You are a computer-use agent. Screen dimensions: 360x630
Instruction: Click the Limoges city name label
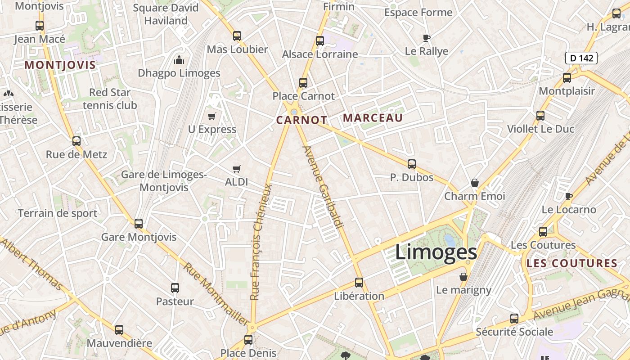[x=436, y=252]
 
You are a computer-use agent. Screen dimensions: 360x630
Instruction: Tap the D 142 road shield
[x=581, y=58]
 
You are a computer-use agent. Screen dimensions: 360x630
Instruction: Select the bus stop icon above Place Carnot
[x=303, y=83]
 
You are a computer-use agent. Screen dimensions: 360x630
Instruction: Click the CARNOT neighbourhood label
[x=301, y=120]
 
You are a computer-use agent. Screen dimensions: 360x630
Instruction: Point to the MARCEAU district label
[x=373, y=118]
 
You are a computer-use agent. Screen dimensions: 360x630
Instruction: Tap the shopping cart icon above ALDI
[x=237, y=169]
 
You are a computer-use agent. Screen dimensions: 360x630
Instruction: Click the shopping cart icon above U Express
[x=212, y=117]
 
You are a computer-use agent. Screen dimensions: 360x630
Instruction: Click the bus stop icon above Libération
[x=359, y=283]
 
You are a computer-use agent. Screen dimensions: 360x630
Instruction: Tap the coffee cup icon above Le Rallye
[x=427, y=38]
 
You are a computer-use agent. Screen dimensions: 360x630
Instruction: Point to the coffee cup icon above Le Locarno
[x=569, y=196]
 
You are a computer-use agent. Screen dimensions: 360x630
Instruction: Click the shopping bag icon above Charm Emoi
[x=474, y=183]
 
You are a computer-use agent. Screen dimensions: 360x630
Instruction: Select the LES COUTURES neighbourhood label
[x=571, y=264]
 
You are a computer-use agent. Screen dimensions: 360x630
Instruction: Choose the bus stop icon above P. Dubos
[x=411, y=164]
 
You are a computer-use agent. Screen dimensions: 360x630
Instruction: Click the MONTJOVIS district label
[x=60, y=65]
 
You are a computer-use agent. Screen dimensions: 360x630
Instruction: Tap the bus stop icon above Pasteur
[x=175, y=288]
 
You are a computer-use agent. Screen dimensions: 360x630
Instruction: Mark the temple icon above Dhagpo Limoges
[x=179, y=60]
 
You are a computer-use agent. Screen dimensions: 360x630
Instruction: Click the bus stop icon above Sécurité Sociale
[x=514, y=319]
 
